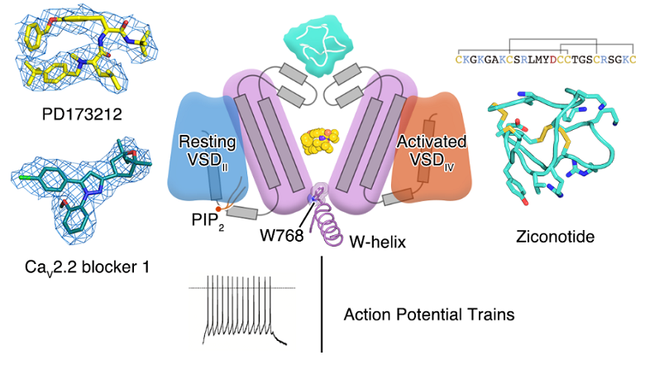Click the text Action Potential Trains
coord(428,315)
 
